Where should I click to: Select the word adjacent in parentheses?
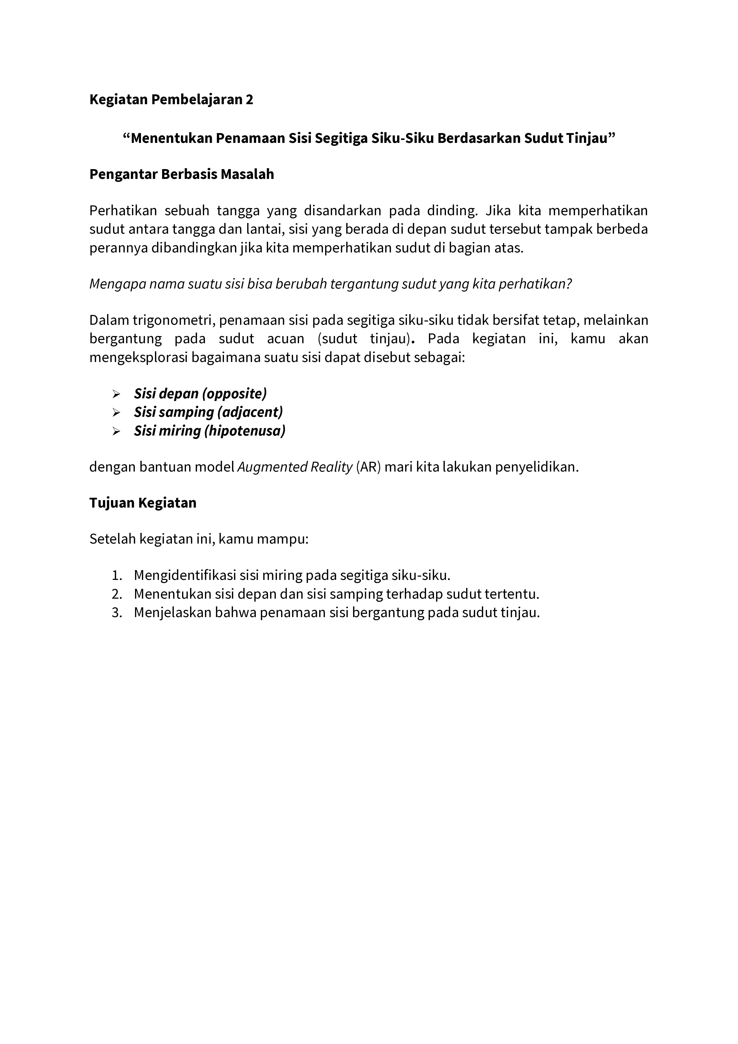tap(250, 412)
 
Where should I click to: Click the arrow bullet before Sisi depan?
tap(116, 394)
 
